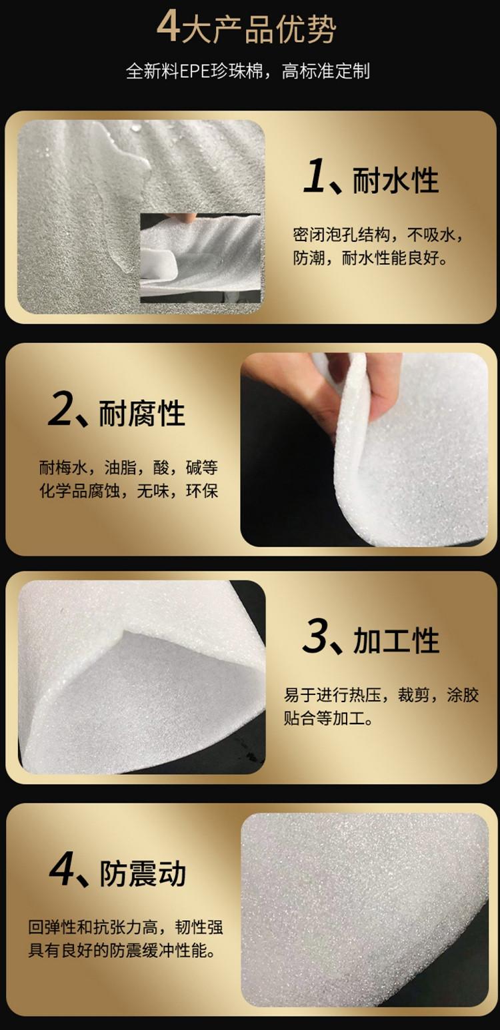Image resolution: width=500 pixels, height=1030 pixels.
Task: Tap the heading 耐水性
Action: [395, 181]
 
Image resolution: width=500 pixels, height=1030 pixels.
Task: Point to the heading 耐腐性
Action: [142, 413]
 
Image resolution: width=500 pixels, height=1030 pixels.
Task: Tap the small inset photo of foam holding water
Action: [201, 258]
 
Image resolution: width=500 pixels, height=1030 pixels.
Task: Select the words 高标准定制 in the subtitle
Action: [326, 72]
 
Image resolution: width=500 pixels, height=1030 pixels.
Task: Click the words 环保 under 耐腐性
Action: [202, 491]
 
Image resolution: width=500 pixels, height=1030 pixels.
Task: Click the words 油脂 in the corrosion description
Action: [120, 468]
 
